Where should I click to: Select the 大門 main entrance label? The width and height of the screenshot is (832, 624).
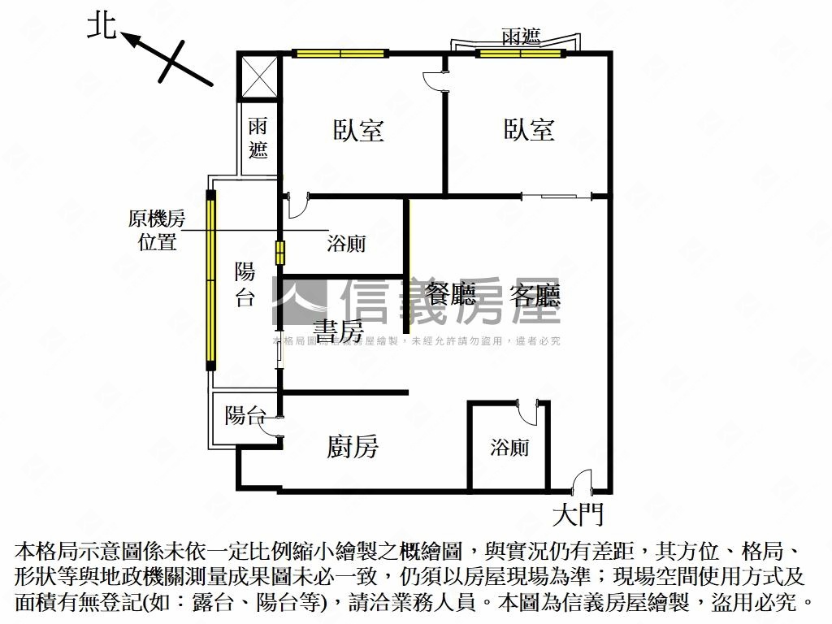tap(578, 514)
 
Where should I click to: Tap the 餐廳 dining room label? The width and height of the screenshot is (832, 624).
tap(451, 295)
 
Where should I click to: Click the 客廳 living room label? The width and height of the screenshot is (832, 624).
tap(535, 295)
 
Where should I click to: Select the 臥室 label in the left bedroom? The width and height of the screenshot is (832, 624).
tap(358, 130)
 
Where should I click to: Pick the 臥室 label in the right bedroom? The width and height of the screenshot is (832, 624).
tap(529, 130)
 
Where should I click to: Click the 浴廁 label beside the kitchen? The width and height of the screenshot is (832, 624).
tap(510, 447)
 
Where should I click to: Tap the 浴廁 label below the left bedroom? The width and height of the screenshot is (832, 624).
tap(346, 243)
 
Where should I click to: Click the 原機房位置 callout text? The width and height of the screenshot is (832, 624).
tap(157, 230)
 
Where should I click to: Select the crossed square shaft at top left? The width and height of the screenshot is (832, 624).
tap(259, 76)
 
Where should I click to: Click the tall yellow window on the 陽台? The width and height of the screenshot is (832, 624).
tap(211, 280)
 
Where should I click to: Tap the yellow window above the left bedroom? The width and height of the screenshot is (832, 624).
tap(340, 54)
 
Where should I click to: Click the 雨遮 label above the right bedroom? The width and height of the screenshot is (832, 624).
tap(521, 37)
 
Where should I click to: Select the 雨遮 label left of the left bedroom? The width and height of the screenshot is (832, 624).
tap(258, 137)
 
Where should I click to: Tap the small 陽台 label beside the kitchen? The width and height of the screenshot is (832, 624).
tap(245, 416)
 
